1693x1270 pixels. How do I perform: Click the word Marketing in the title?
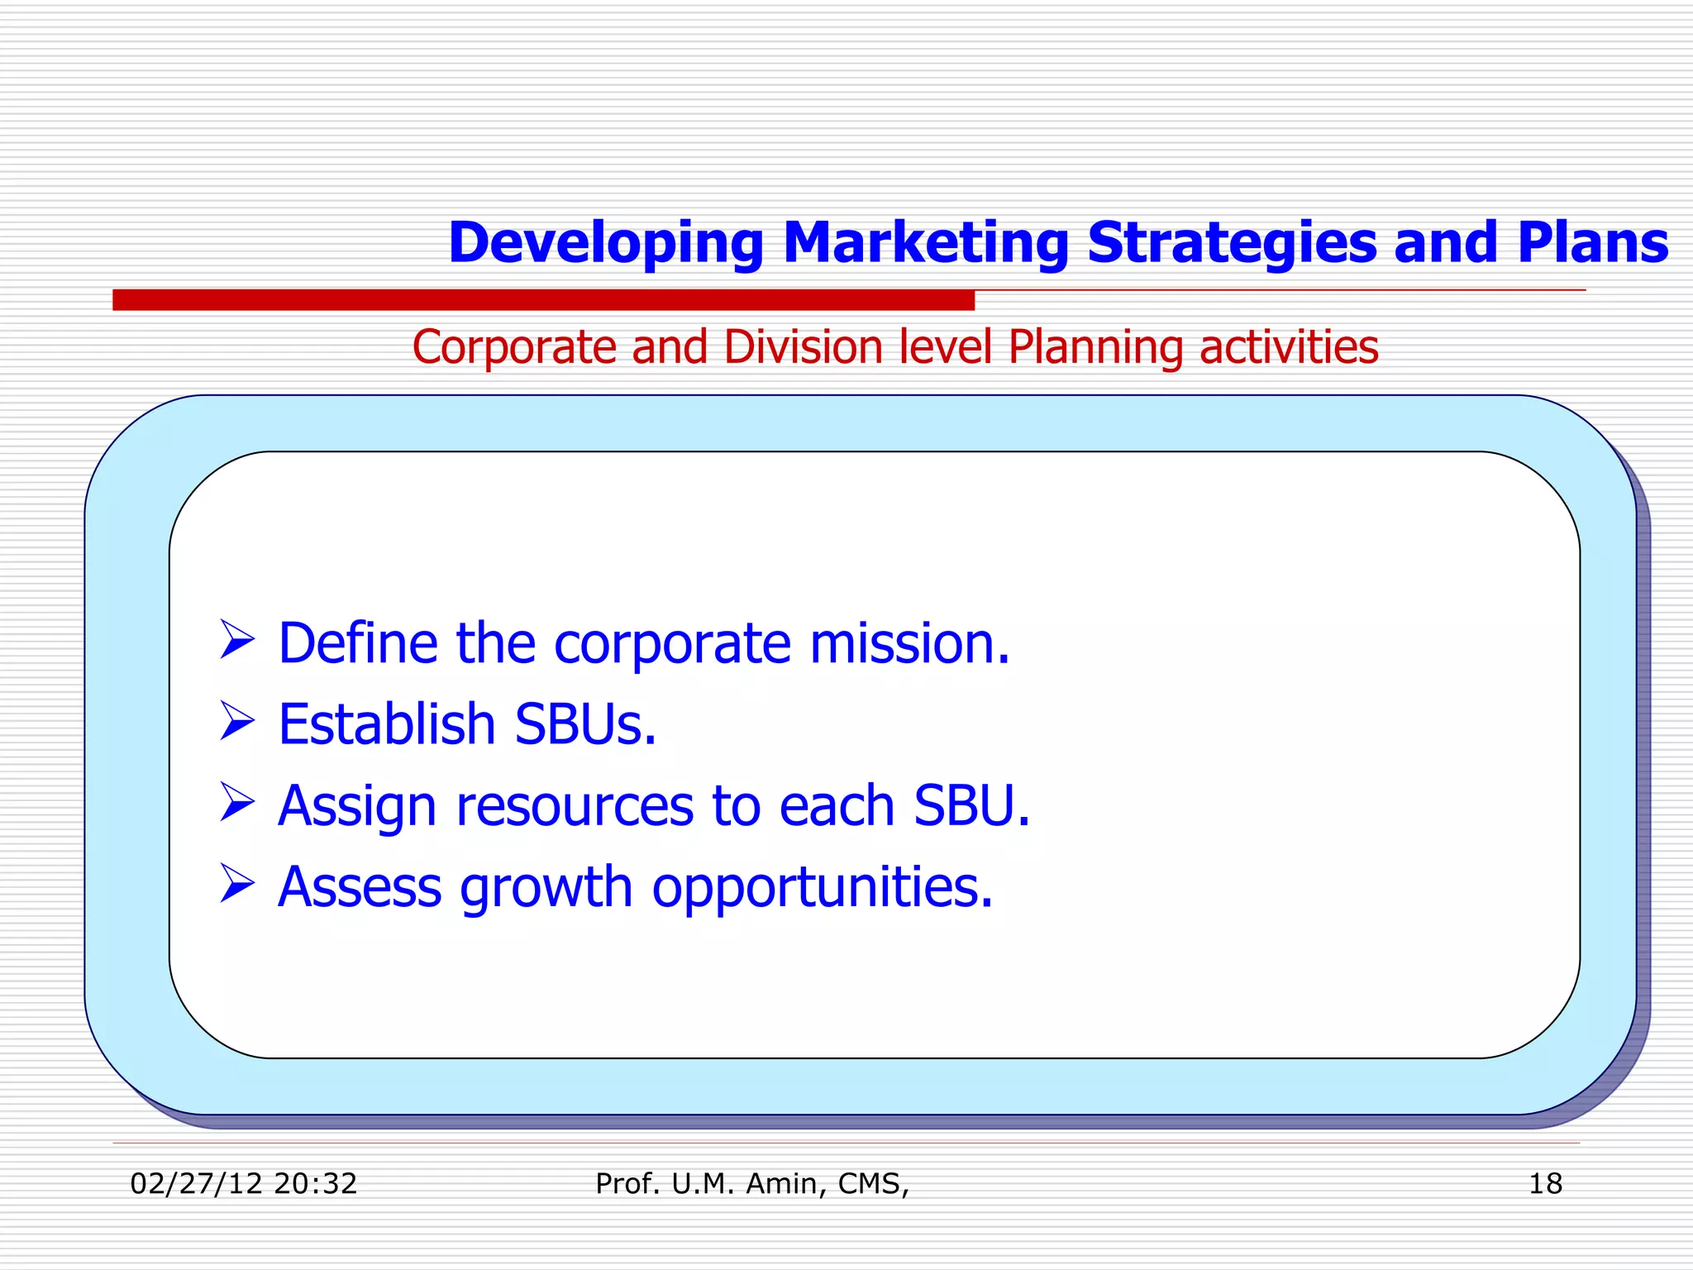tap(925, 242)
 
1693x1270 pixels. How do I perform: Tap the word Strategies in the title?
tap(1231, 242)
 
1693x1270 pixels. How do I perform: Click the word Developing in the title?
tap(605, 244)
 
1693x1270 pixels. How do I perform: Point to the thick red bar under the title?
tap(543, 300)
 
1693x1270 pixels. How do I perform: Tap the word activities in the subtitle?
tap(1289, 346)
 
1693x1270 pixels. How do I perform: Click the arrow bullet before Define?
tap(237, 641)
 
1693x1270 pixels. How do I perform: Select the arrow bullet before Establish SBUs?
tap(237, 721)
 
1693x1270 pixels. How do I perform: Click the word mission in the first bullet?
tap(908, 642)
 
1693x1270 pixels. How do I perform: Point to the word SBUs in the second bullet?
tap(584, 723)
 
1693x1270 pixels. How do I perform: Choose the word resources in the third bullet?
tap(575, 806)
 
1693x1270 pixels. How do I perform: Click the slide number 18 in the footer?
tap(1544, 1183)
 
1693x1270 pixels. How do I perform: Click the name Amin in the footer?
tap(782, 1183)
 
